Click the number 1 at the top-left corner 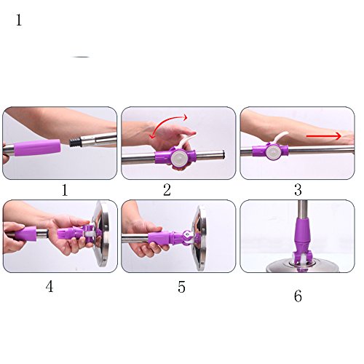[x=19, y=20]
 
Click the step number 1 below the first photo [x=65, y=190]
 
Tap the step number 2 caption [x=167, y=190]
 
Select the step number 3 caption [x=298, y=190]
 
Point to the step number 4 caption [x=50, y=286]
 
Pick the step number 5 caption [x=181, y=287]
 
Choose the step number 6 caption [x=298, y=296]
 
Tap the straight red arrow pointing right [x=324, y=136]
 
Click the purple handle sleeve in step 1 [x=37, y=148]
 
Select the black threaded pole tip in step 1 [x=74, y=142]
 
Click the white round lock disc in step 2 [x=180, y=158]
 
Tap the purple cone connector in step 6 [x=302, y=232]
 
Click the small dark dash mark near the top [x=82, y=57]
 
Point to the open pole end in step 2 [x=222, y=155]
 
